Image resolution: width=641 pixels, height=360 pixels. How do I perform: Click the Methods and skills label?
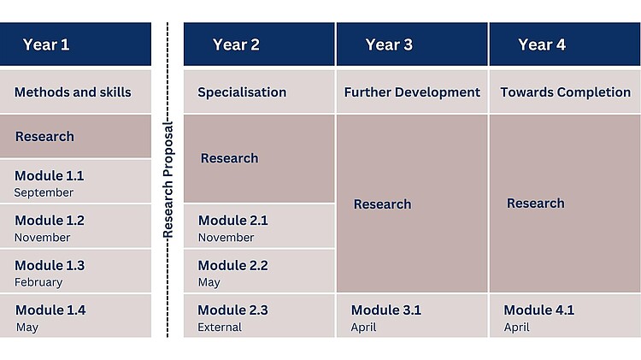[x=73, y=92]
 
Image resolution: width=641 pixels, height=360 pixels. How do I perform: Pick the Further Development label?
[x=412, y=92]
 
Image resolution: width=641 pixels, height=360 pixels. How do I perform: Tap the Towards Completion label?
[x=566, y=92]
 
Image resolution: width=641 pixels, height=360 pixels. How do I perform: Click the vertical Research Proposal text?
[x=168, y=180]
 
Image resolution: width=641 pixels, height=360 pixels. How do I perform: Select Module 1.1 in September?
[x=49, y=183]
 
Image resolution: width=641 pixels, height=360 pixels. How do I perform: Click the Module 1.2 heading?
[x=50, y=221]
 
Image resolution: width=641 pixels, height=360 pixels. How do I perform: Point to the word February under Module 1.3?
[x=38, y=282]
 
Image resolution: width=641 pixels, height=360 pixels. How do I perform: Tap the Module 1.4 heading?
[x=50, y=310]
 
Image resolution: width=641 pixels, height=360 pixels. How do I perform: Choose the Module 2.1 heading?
[x=233, y=221]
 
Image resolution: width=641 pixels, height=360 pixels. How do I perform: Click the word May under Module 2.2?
[x=209, y=282]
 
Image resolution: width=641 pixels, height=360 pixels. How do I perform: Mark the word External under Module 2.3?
[x=220, y=328]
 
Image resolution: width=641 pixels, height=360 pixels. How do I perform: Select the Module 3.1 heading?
[x=386, y=310]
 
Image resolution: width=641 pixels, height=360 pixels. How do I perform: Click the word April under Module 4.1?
[x=517, y=328]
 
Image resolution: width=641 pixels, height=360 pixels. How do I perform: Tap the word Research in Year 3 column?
[x=382, y=204]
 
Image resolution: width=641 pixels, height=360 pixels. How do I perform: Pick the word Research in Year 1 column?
[x=44, y=136]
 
